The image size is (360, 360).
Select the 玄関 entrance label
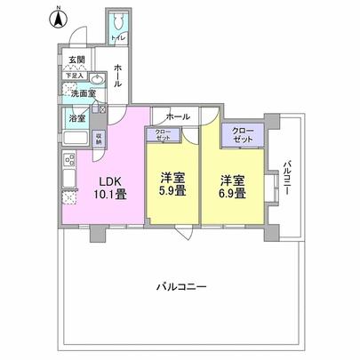coord(76,60)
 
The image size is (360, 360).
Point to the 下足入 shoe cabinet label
coord(74,77)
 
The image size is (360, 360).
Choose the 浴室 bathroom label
coord(76,117)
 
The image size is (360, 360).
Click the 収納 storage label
coord(99,137)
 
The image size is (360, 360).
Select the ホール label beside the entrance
coord(119,76)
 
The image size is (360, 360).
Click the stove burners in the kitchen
coord(68,162)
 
